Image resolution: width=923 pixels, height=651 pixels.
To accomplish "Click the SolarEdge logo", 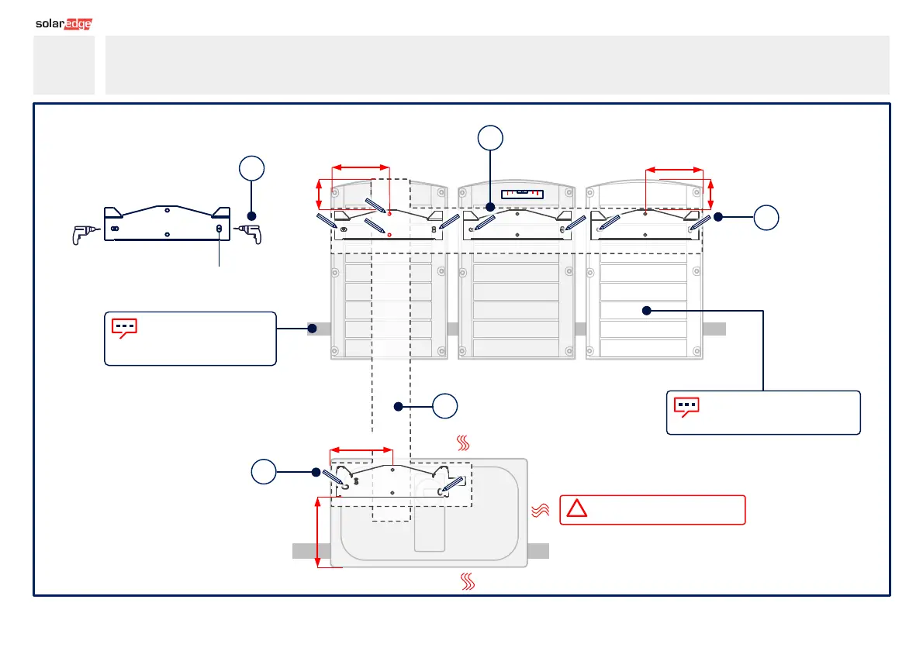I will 64,24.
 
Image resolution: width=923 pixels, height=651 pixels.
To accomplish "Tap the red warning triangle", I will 576,509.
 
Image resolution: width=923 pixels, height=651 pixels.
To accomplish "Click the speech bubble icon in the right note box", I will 686,407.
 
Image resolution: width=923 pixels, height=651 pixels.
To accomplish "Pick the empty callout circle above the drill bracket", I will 251,170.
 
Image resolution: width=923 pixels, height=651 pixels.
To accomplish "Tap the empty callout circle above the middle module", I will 490,138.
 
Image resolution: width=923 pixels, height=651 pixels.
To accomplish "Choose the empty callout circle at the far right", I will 766,218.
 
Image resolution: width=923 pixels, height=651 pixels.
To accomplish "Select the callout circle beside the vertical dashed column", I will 445,406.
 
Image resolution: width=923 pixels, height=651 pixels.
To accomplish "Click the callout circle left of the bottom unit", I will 263,472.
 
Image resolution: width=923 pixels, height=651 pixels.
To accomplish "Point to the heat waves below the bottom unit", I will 468,581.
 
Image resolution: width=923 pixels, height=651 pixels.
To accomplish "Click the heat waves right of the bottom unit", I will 539,510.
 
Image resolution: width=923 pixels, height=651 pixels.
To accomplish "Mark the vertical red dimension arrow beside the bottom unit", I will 319,532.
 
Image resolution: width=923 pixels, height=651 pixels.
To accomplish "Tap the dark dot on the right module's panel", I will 645,310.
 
